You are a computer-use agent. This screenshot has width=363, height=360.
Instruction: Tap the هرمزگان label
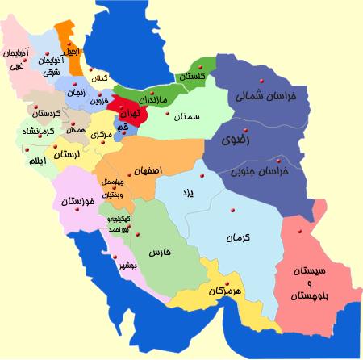click(226, 290)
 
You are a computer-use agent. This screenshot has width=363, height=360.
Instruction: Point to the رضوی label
click(240, 140)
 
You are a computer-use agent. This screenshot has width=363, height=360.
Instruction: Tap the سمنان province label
click(186, 117)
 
